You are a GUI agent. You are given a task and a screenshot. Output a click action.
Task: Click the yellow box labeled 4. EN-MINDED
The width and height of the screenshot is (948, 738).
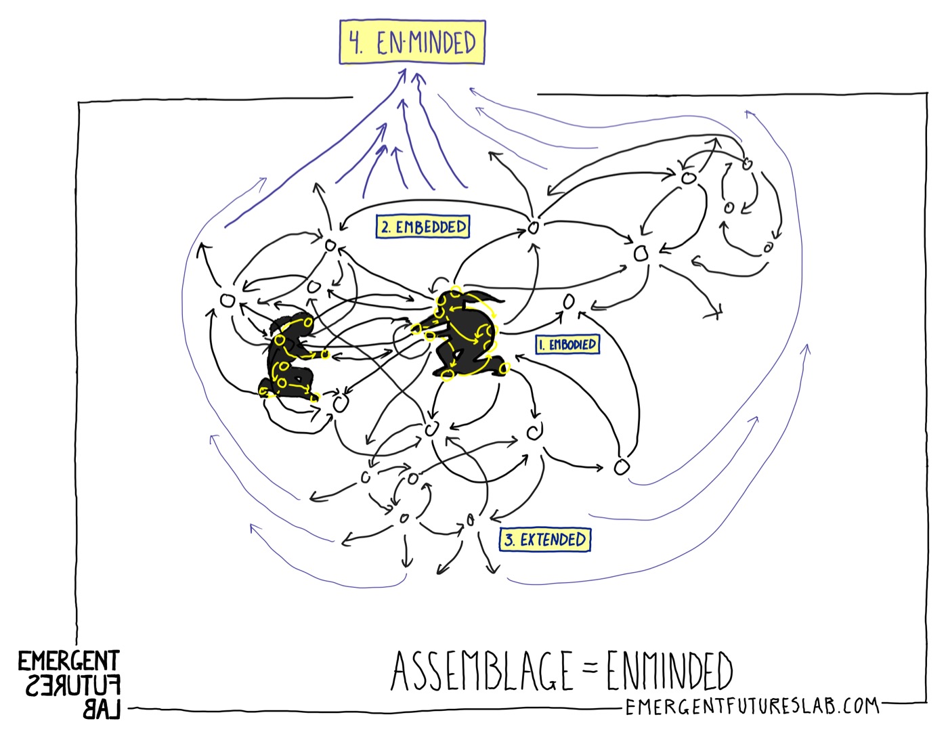[412, 43]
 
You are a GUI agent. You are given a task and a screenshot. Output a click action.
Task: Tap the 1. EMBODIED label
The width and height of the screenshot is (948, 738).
[567, 345]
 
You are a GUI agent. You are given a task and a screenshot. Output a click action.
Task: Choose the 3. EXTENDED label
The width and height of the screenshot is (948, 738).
[545, 540]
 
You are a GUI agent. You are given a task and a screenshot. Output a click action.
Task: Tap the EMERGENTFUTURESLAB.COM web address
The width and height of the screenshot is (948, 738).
[752, 707]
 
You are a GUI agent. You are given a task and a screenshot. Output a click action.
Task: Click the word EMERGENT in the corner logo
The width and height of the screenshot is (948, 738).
[68, 661]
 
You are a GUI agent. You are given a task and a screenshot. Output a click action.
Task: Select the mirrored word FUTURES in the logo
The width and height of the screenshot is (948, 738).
[73, 687]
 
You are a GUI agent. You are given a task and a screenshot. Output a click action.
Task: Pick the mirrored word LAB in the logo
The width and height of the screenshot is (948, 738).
[102, 709]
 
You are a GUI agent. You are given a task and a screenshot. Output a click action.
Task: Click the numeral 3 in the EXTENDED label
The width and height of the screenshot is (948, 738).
[509, 540]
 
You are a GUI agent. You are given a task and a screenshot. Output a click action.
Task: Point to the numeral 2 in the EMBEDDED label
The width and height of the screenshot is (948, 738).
[385, 227]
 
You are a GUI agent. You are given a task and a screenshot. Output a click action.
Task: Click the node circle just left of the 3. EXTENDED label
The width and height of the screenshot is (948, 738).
[471, 521]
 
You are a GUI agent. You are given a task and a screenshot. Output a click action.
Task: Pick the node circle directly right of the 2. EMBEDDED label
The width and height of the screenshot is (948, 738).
[533, 227]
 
